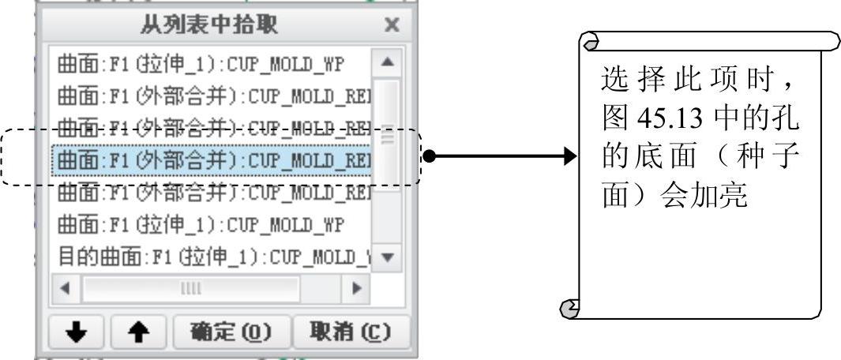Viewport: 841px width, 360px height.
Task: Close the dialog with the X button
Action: [391, 25]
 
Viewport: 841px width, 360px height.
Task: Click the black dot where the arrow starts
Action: [428, 156]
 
